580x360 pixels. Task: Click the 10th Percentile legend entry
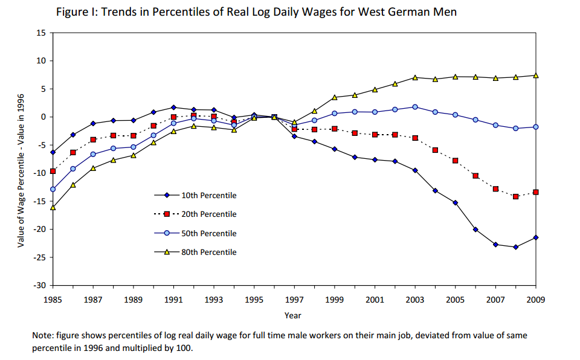pos(209,195)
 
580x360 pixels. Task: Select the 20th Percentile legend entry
pos(209,214)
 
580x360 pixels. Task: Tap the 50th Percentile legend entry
pos(209,233)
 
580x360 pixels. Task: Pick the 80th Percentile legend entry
pos(209,252)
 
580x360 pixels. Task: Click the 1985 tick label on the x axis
pos(53,298)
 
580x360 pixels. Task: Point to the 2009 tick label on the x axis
pos(535,298)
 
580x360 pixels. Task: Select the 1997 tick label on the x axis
pos(294,298)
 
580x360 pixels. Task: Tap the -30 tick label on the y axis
pos(40,285)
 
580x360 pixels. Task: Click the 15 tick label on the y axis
pos(42,33)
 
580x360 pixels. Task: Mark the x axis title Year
pos(294,315)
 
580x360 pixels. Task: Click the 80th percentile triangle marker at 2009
pos(536,76)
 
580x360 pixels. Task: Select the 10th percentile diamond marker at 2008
pos(515,247)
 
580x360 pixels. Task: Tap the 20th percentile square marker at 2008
pos(515,196)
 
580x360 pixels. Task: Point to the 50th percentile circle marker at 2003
pos(415,107)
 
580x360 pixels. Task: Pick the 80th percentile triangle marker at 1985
pos(53,207)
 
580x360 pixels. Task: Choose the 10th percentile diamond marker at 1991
pos(173,107)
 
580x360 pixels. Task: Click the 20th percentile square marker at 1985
pos(53,171)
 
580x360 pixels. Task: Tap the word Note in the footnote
pos(43,335)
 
